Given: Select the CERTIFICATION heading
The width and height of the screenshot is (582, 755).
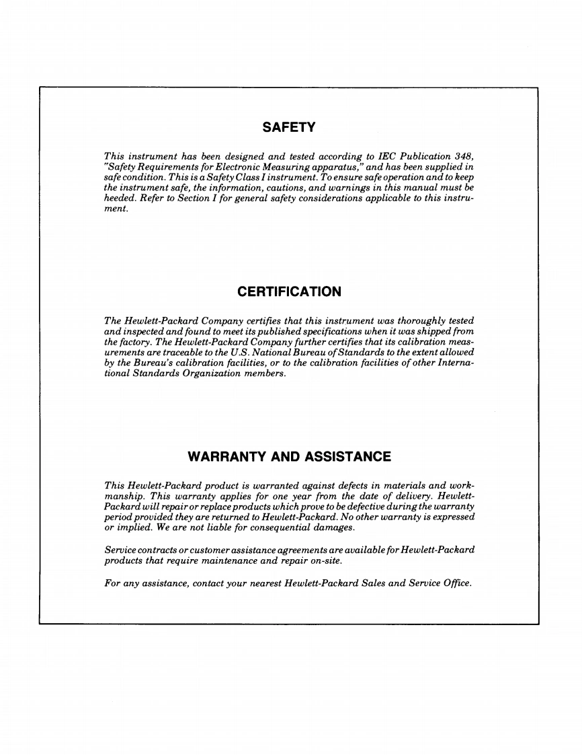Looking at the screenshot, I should (289, 292).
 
